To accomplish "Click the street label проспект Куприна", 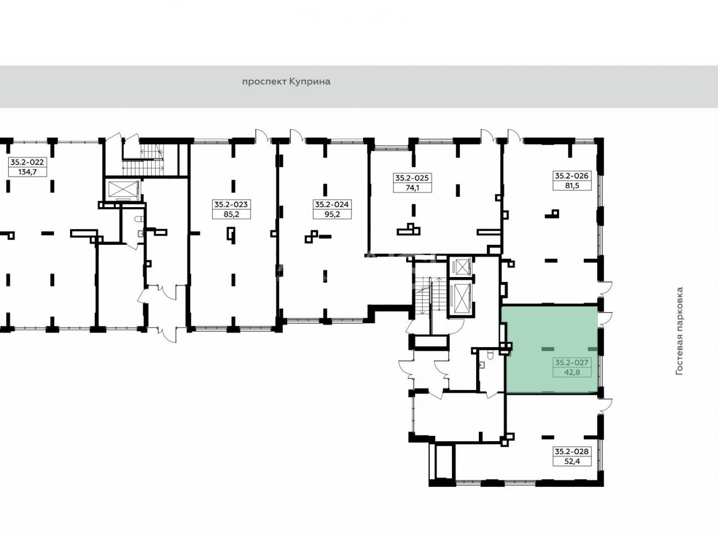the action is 286,82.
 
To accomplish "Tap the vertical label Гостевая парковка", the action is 680,331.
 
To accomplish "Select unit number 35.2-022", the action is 27,162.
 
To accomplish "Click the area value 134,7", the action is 27,172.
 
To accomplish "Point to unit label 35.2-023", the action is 231,204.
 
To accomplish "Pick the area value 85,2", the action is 231,214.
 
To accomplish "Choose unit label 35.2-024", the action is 332,204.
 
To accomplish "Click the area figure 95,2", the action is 332,214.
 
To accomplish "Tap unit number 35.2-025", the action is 412,178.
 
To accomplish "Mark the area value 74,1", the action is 412,188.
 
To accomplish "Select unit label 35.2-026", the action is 572,176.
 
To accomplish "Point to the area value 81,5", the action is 572,186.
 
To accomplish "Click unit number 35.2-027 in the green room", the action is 572,362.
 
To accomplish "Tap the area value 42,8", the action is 572,372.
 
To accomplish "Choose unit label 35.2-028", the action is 572,451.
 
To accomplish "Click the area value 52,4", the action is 572,461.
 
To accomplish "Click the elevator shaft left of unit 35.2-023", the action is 122,190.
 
